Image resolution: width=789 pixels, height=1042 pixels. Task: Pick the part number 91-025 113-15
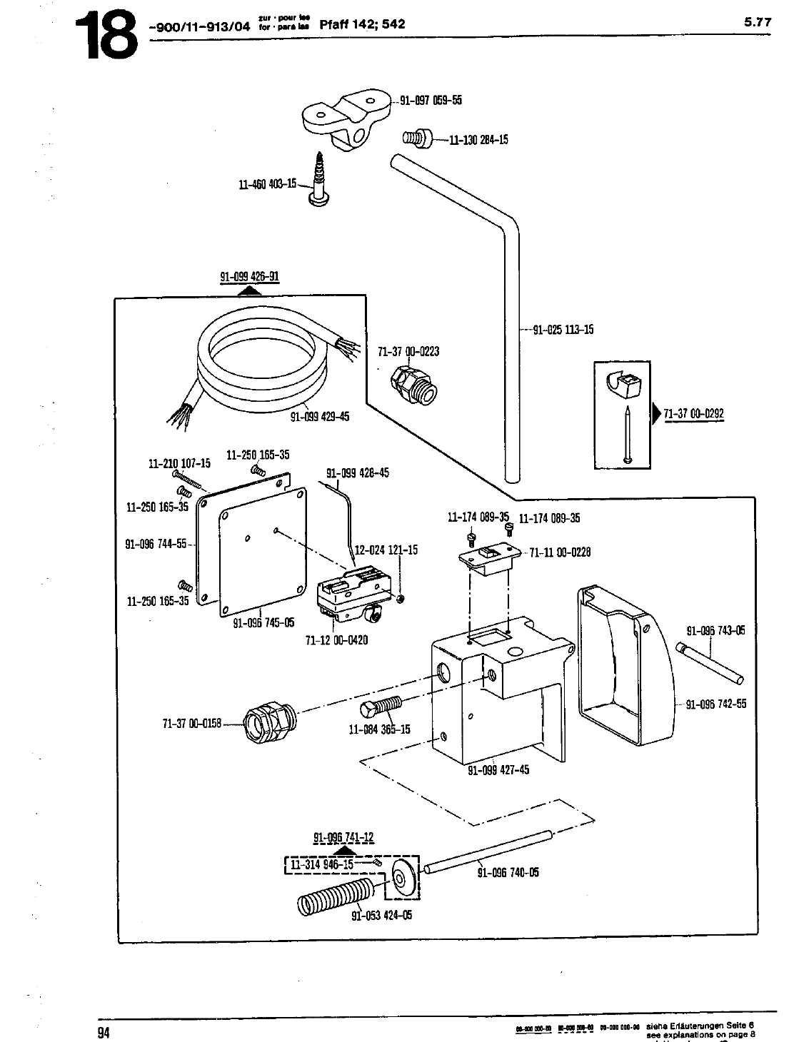(x=563, y=330)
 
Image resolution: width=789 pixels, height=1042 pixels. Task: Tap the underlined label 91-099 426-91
(x=248, y=277)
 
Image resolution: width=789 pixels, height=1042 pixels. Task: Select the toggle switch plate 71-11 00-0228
(x=488, y=555)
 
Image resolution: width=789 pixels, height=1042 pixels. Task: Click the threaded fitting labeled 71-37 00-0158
(x=267, y=722)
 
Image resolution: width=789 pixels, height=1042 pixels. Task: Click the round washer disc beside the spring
(x=403, y=878)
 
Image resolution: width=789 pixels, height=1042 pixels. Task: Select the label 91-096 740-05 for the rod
(x=508, y=872)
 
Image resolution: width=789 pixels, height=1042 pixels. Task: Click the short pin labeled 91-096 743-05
(x=710, y=662)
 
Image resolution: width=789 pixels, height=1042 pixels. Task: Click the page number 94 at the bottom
(x=105, y=1031)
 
